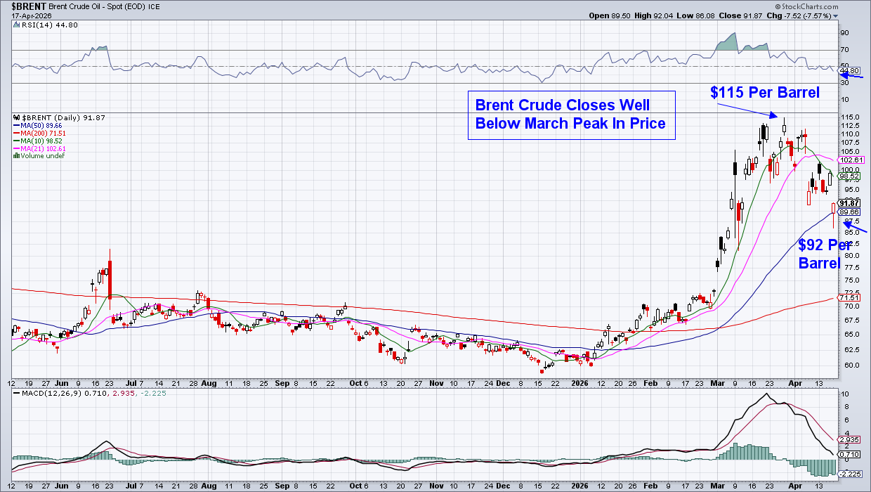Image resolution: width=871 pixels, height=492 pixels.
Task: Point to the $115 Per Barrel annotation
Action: click(x=764, y=93)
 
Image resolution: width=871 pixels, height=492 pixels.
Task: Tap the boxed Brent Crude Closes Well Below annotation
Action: click(x=571, y=115)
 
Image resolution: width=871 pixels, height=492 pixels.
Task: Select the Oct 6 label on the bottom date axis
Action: click(x=358, y=383)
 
